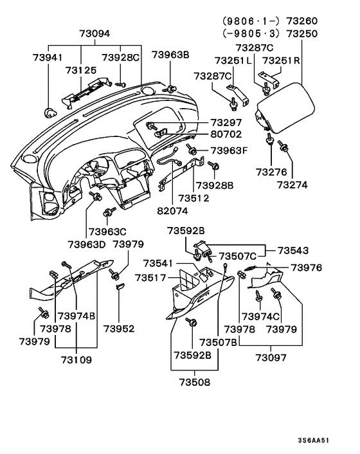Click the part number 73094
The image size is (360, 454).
point(94,33)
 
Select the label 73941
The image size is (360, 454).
point(48,58)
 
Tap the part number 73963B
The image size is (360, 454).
point(170,55)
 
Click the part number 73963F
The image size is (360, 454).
point(230,151)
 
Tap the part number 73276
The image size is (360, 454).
point(271,172)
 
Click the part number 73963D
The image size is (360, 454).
point(87,244)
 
